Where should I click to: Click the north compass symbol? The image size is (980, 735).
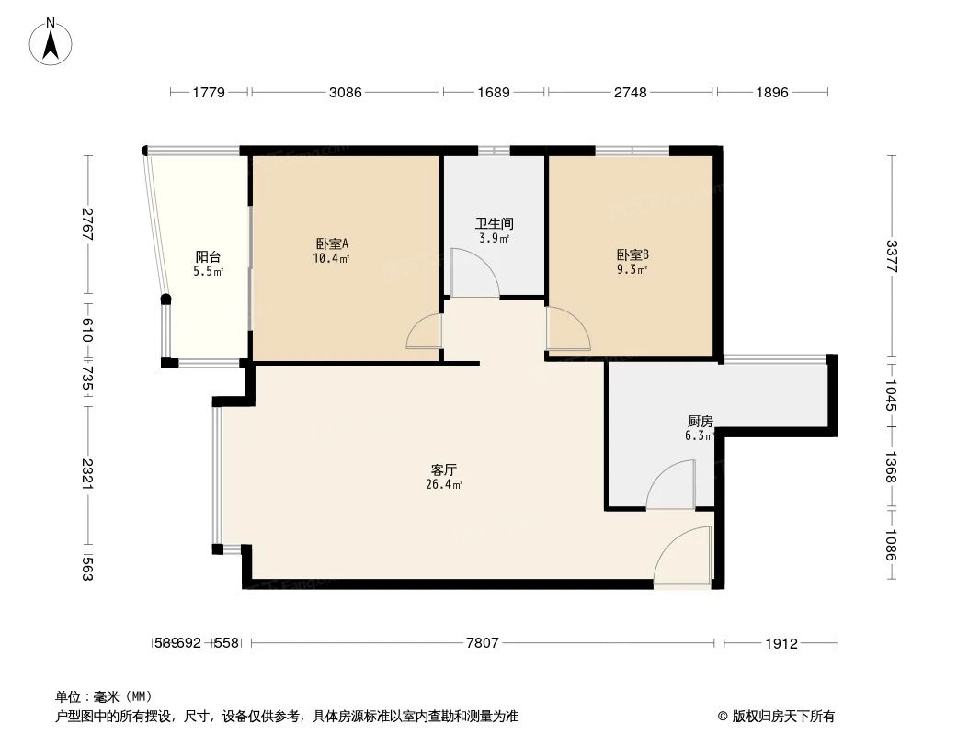51,40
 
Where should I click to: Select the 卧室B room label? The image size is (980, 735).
632,255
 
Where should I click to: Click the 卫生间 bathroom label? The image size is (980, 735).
494,223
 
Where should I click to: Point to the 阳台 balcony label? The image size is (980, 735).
208,257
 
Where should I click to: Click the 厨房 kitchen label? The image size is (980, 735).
700,422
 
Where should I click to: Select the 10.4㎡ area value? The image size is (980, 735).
331,259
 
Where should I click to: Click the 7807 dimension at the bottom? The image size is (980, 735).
483,643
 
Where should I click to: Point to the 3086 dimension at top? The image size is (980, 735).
346,92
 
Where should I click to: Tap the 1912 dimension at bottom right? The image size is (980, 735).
781,643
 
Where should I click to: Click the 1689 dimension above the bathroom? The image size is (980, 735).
494,92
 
